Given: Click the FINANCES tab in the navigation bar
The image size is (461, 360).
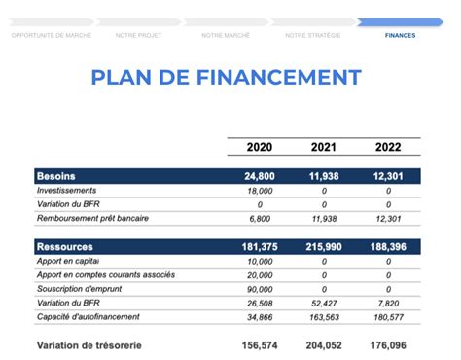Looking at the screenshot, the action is tap(400, 35).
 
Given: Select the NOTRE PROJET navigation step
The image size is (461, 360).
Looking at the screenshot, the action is tap(138, 35).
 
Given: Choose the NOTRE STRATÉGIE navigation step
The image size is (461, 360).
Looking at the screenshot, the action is tap(313, 35).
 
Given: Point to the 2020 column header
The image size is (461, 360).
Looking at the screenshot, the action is tap(260, 147).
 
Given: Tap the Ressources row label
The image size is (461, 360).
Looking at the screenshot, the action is tap(64, 248).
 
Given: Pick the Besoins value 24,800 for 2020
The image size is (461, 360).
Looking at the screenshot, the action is tap(260, 176).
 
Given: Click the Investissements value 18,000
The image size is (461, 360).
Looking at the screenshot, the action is tap(260, 191).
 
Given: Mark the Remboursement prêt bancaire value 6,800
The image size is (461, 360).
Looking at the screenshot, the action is tap(260, 219).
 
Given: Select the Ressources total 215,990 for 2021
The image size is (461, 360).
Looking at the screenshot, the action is tap(324, 248).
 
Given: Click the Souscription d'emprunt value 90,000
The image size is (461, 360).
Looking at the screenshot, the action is tap(260, 290).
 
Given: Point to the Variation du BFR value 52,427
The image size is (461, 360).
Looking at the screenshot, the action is tap(324, 304).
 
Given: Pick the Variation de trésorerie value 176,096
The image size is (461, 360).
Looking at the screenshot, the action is tap(386, 344).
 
